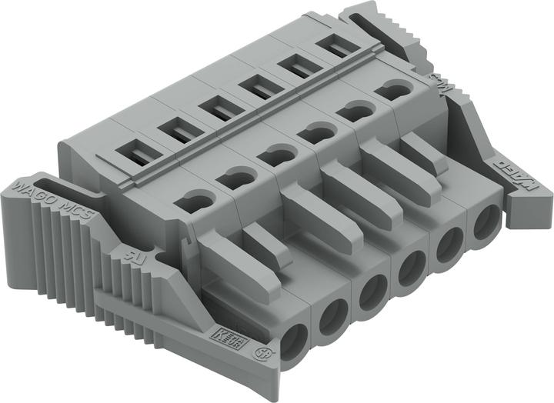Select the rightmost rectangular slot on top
(x=333, y=48)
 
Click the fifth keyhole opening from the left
(x=356, y=109)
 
